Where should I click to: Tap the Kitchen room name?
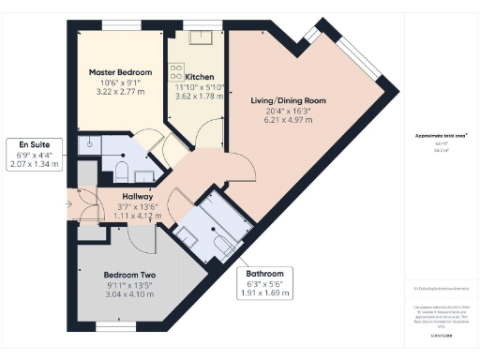coord(199,76)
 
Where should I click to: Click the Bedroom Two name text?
coord(128,275)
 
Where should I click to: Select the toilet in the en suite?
coord(120,170)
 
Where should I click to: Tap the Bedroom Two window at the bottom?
coord(116,326)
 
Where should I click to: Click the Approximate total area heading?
coord(434,135)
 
